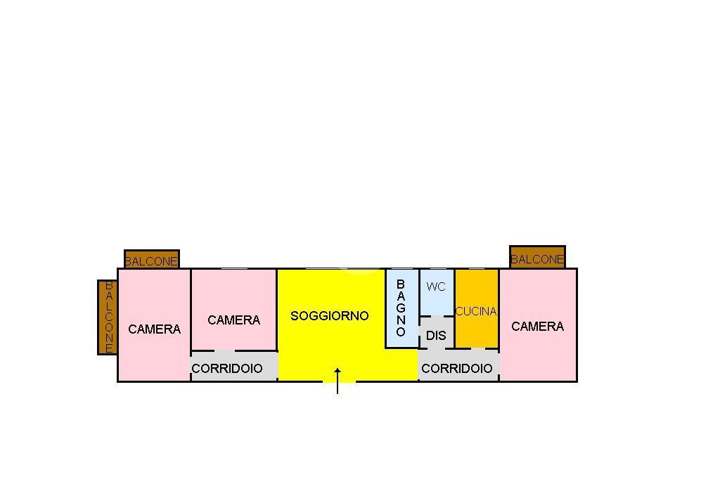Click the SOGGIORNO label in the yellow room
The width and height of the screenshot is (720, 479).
point(329,316)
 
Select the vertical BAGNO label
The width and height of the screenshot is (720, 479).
point(401,308)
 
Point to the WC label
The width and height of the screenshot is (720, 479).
point(436,287)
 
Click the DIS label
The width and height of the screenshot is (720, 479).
point(436,336)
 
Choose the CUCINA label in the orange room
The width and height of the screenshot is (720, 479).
point(476,311)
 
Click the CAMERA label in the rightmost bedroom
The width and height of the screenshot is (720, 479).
point(537,327)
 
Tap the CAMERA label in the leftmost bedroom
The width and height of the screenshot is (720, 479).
point(154,329)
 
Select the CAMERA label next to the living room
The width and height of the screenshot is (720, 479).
point(233,320)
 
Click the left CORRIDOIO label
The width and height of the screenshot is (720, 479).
point(227,369)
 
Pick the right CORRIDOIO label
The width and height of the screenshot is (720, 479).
point(457,369)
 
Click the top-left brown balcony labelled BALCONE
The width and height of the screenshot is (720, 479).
point(151,261)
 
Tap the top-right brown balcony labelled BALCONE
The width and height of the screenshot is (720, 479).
point(537,258)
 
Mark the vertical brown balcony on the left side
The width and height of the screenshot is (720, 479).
point(108,317)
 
